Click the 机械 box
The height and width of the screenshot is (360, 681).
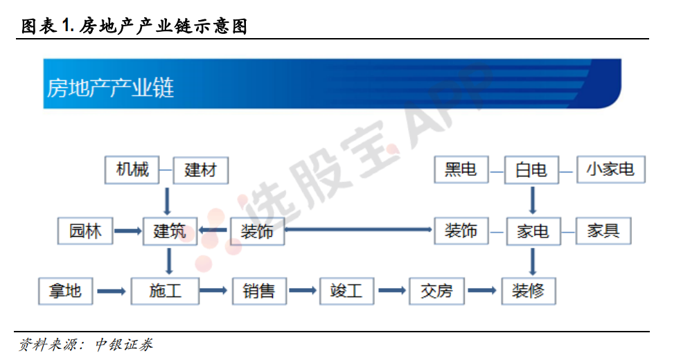[132, 170]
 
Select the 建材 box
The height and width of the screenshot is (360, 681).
[201, 170]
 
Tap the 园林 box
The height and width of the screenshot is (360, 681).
[85, 231]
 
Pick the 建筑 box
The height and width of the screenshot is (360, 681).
[170, 231]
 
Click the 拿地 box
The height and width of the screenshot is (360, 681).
[65, 291]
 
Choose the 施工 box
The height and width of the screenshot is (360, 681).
[165, 291]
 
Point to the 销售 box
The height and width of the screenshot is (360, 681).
[259, 291]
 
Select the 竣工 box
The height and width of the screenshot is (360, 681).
[346, 291]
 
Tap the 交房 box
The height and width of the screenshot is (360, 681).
[436, 291]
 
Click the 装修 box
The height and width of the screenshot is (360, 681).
[529, 291]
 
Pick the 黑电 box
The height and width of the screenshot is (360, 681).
[461, 170]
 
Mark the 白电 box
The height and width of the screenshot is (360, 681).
[531, 170]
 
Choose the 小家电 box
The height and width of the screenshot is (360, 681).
[610, 170]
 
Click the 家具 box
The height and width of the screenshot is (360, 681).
[603, 231]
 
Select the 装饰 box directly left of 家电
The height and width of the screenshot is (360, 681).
[461, 231]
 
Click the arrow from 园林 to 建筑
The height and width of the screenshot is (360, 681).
[128, 231]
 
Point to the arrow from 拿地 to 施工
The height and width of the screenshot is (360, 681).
[112, 291]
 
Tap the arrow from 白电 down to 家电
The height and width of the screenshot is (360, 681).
[533, 200]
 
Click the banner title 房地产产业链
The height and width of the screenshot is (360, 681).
[110, 88]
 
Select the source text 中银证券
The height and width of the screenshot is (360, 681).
[124, 345]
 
